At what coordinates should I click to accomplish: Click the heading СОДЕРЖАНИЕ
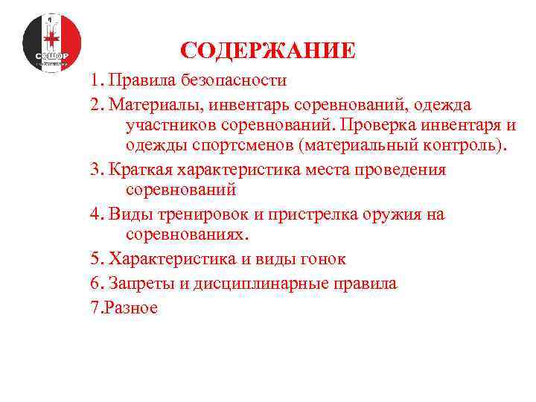[268, 51]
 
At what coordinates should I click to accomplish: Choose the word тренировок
[195, 215]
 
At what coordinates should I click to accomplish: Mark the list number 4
[95, 215]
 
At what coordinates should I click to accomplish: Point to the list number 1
[95, 80]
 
